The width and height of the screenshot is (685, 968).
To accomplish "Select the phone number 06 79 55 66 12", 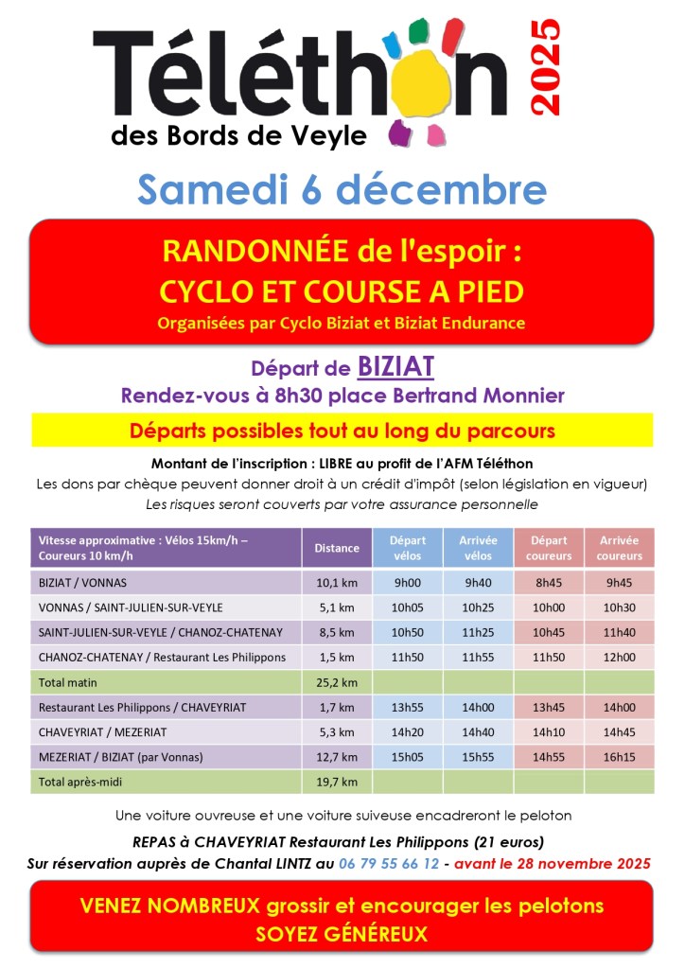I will click(389, 863).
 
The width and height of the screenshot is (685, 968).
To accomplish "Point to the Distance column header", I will click(337, 548).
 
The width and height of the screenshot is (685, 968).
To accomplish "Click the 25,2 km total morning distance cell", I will click(337, 681).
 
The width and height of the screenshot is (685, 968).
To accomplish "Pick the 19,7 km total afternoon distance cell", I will click(337, 781).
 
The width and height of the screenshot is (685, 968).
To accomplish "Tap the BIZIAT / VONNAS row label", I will click(82, 582).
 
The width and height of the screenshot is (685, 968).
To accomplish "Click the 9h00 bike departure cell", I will click(408, 582).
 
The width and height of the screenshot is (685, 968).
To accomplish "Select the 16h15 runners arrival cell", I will click(620, 756).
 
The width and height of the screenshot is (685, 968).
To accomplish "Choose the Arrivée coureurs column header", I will click(620, 548).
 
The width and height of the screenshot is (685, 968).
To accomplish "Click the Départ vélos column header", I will click(408, 548).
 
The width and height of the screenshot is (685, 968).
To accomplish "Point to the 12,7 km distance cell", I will click(337, 756).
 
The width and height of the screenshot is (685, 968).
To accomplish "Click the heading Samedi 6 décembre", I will click(342, 189).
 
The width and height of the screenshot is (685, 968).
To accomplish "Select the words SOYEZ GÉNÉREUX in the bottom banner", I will click(342, 934).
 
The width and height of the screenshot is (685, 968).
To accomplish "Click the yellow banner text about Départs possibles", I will click(342, 431).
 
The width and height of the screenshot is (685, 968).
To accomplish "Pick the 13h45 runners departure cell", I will click(549, 707).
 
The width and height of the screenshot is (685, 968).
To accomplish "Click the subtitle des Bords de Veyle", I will click(238, 137).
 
